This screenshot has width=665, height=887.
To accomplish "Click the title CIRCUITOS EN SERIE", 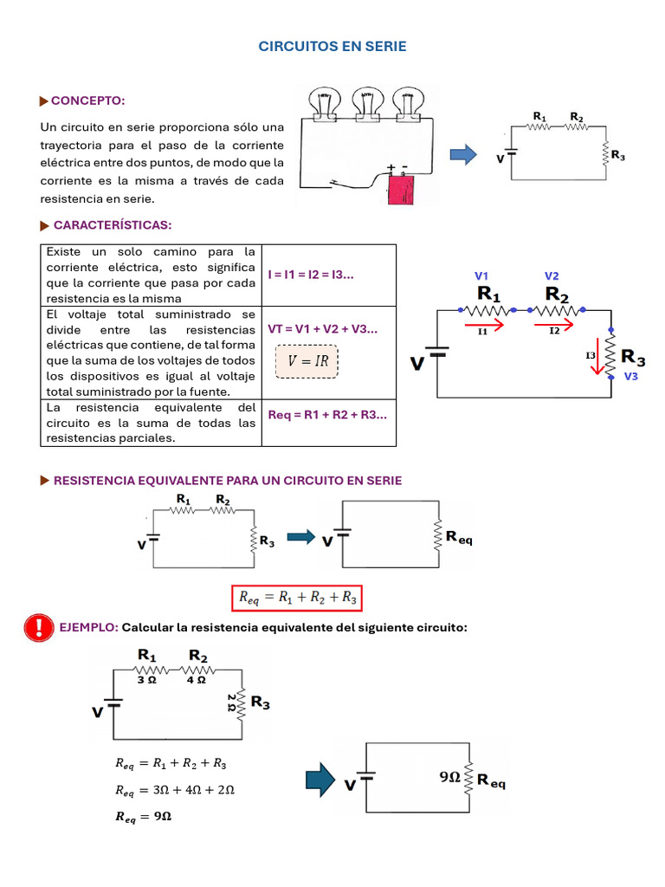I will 332,47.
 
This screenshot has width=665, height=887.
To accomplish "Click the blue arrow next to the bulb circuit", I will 464,154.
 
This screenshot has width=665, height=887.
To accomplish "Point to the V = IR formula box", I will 307,361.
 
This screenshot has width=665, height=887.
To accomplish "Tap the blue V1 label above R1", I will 482,275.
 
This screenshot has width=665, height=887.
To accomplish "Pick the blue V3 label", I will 630,376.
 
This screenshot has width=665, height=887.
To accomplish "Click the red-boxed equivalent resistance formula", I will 295,597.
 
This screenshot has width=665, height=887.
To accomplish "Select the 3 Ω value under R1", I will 147,680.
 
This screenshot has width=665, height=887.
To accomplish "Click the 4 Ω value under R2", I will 197,680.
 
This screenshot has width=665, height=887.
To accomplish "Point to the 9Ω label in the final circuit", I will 449,778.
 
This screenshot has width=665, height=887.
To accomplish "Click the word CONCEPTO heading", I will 88,100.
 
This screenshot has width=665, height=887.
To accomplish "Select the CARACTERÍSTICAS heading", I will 113,225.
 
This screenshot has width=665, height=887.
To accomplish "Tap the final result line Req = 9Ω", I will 143,817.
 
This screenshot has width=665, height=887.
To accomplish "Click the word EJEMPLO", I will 88,627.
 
